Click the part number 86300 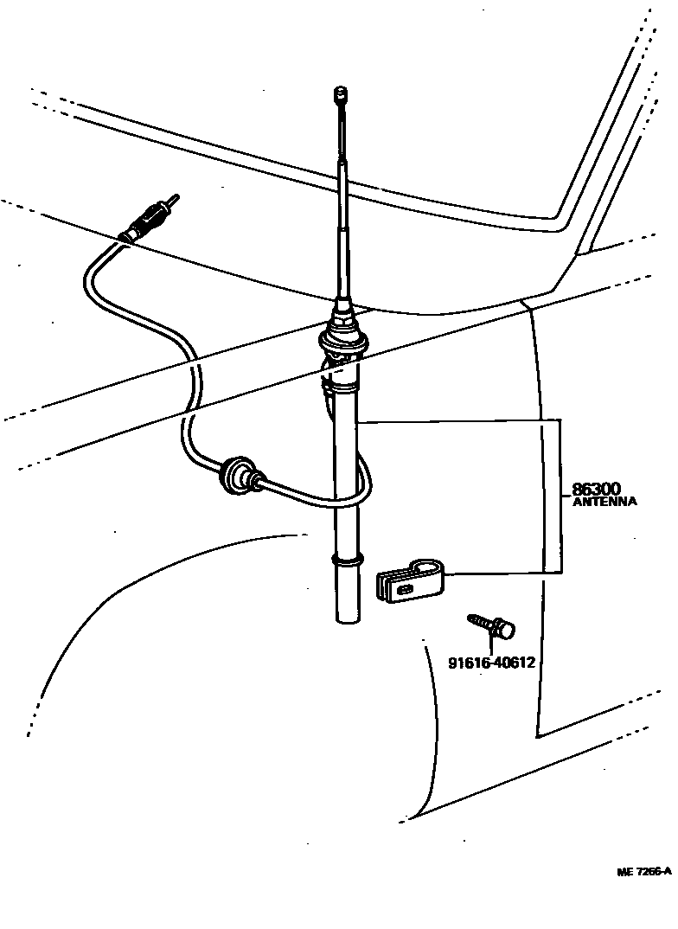coord(596,490)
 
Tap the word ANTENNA coord(604,502)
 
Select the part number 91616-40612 coord(491,663)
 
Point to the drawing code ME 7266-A coord(644,872)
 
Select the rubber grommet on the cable coord(239,474)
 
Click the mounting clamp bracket coord(410,579)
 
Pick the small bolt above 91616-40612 coord(490,625)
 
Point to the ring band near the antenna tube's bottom coord(345,561)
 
